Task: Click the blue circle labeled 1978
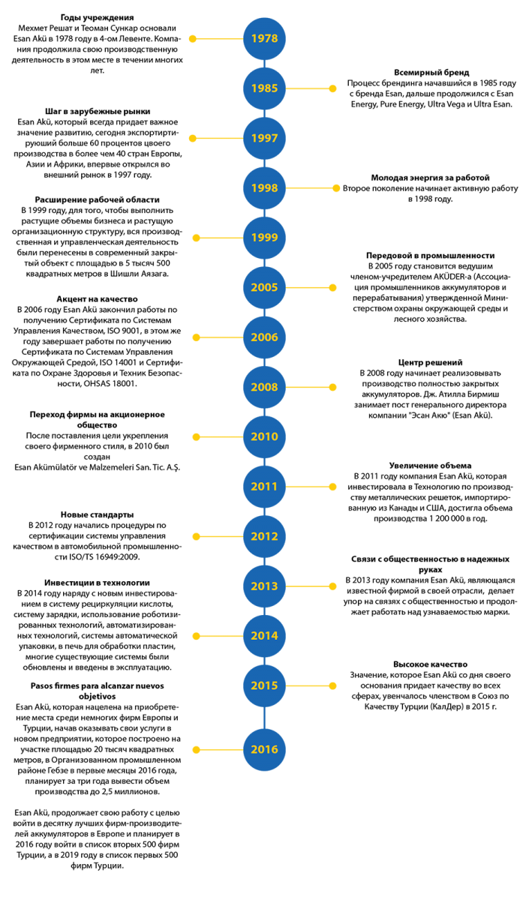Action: point(264,38)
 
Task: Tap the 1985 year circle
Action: point(264,88)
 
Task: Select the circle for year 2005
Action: point(264,287)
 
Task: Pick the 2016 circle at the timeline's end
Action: point(264,749)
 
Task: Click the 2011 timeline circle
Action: point(264,487)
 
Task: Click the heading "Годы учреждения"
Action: point(97,18)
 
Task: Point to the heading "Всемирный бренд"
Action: point(431,73)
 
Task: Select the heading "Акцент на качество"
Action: point(97,299)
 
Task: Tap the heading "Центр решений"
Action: point(430,362)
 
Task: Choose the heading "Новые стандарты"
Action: point(97,514)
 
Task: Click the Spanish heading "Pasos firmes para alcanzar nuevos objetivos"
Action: point(97,691)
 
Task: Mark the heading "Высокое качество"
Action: point(430,664)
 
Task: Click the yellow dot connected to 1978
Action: point(193,39)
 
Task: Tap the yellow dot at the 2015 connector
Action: point(332,685)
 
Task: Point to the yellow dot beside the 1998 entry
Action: point(336,188)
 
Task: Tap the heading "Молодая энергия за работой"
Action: point(430,178)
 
